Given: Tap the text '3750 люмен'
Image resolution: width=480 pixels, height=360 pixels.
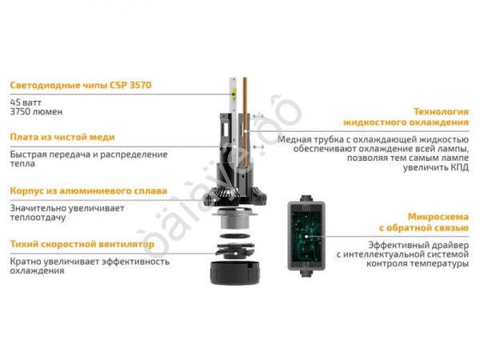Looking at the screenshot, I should tap(36, 112).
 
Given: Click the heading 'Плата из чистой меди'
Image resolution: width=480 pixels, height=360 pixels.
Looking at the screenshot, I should tap(62, 138).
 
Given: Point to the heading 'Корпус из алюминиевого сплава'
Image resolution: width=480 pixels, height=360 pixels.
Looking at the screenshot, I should tap(89, 191).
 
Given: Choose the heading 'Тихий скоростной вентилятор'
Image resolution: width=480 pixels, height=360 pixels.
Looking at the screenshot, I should tap(82, 243).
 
